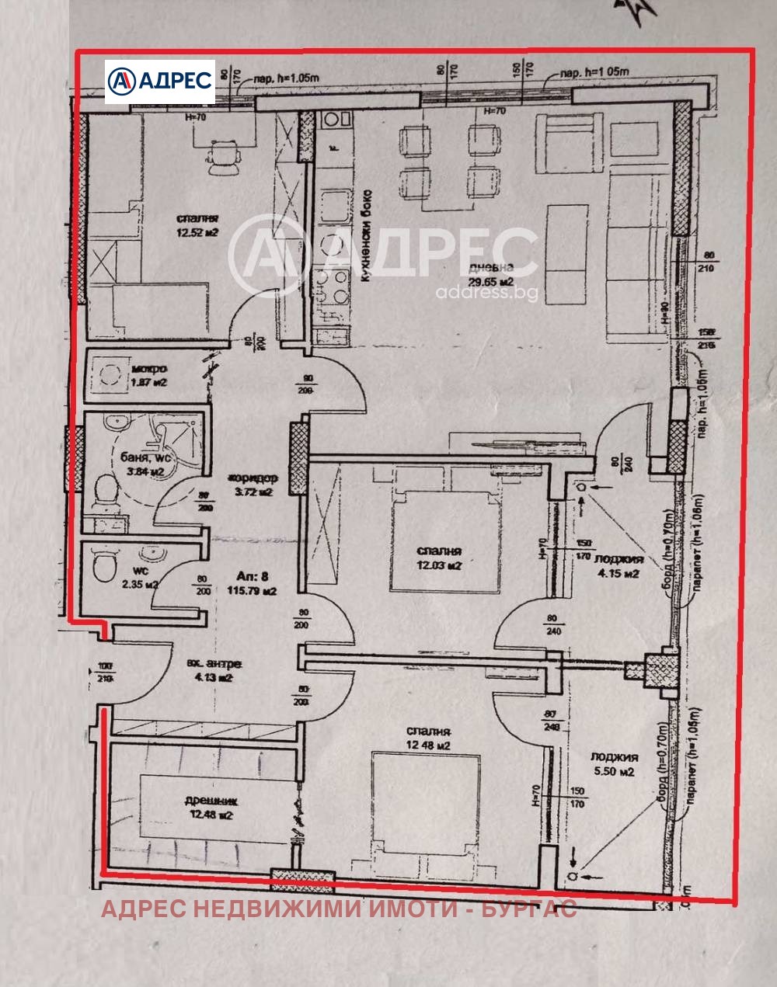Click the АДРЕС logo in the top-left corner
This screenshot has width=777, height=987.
[x=160, y=81]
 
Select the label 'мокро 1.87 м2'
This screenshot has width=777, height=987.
[x=150, y=376]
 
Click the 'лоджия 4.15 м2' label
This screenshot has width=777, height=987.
[x=618, y=566]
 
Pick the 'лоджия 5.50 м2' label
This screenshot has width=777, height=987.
[x=614, y=764]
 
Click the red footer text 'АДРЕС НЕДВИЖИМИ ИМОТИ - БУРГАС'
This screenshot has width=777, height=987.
[x=339, y=909]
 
